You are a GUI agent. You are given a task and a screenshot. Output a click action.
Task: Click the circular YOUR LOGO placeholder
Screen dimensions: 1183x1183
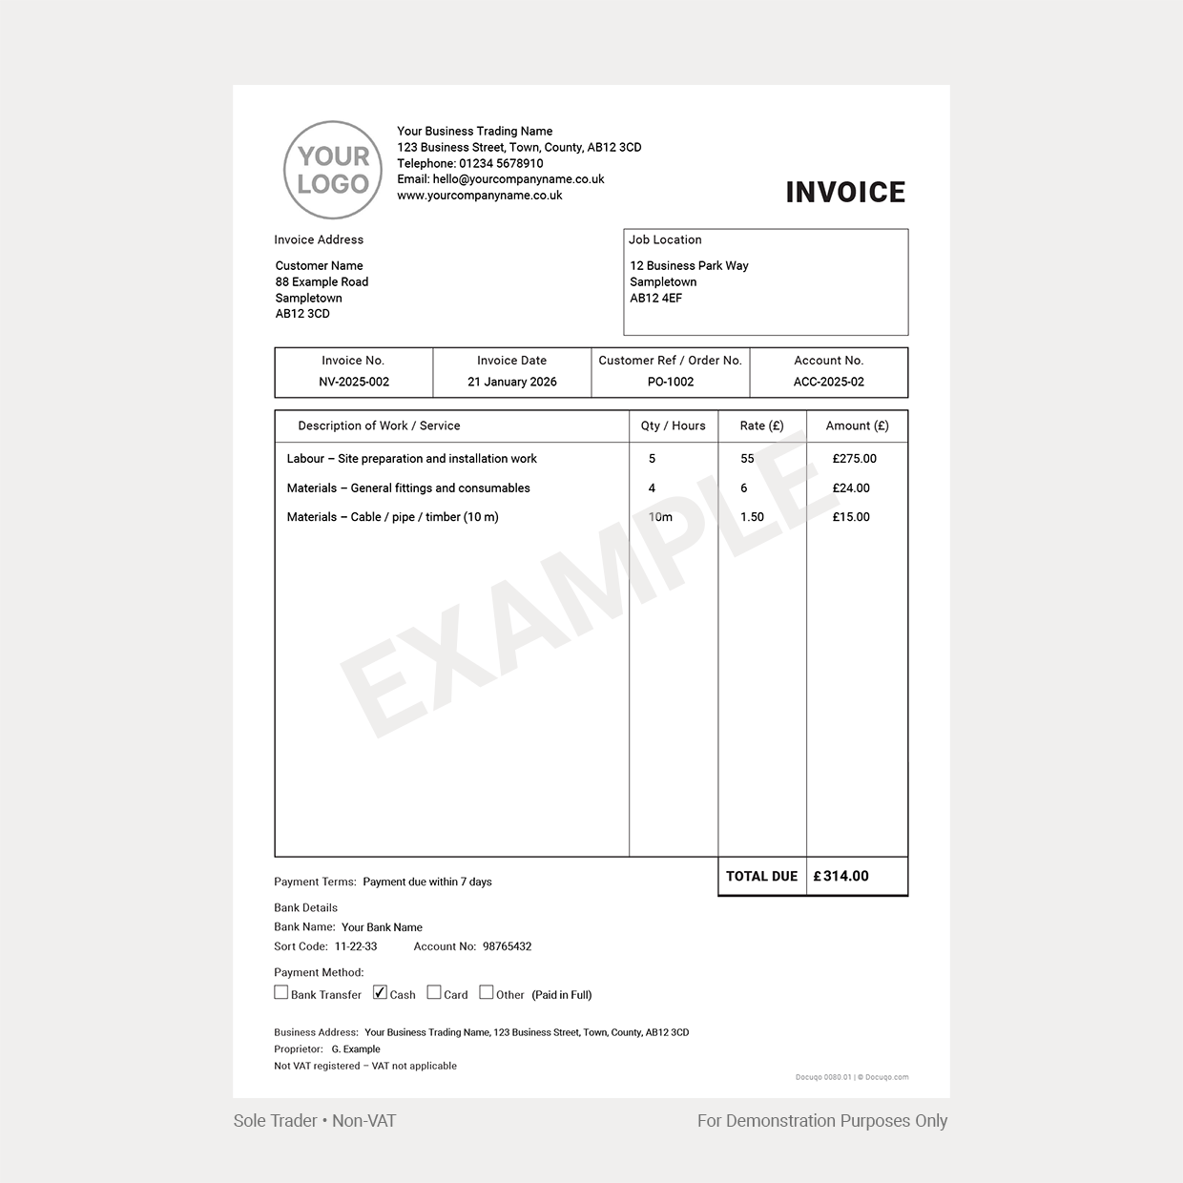click(x=333, y=170)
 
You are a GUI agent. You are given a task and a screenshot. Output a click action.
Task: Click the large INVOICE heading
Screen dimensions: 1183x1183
click(x=845, y=193)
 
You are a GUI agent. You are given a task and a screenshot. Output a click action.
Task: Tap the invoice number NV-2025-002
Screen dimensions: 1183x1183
click(x=354, y=382)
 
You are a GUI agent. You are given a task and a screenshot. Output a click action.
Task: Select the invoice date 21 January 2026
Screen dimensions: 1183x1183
click(x=512, y=382)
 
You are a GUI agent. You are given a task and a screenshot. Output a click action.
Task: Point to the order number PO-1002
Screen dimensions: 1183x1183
click(x=670, y=382)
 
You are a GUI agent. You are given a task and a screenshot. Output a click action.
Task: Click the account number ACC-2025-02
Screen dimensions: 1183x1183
click(x=829, y=382)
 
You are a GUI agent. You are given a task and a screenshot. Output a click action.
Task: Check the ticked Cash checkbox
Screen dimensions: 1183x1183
click(x=381, y=992)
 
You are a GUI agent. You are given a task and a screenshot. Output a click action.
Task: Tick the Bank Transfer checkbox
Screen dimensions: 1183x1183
click(x=281, y=992)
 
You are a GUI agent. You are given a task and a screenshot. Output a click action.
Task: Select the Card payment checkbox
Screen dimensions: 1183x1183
click(x=434, y=992)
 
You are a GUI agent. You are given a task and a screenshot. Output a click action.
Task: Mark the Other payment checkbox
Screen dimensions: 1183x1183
click(x=487, y=992)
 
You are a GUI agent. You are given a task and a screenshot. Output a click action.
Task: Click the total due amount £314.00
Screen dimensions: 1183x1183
click(x=841, y=876)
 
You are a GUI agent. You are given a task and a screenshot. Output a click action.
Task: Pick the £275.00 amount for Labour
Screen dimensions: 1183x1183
click(x=854, y=459)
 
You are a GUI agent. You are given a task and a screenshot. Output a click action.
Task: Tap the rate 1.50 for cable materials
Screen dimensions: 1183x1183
click(x=753, y=517)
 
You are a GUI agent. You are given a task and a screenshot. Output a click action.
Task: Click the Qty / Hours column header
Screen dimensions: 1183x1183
click(x=674, y=425)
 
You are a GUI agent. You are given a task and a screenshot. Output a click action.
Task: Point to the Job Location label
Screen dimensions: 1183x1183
click(x=665, y=239)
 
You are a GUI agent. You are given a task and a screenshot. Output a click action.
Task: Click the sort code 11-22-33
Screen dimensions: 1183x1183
click(x=356, y=946)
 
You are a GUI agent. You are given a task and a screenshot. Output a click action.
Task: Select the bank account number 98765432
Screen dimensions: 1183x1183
click(x=508, y=946)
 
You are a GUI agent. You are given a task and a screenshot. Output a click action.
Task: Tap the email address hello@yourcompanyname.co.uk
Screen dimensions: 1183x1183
click(x=518, y=179)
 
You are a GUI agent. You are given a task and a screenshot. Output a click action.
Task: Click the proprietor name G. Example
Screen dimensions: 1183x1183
click(x=356, y=1048)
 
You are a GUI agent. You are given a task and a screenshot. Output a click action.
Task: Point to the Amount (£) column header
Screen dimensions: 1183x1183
click(x=857, y=425)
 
